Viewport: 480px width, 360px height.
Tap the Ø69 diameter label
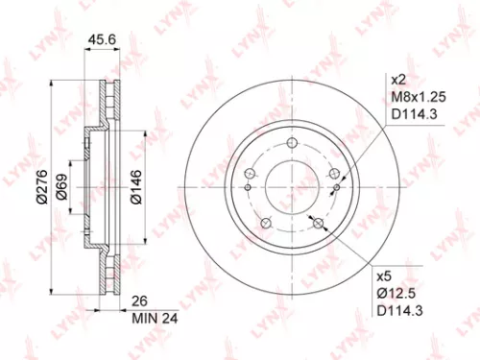click(61, 181)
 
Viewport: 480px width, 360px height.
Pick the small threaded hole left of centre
click(249, 187)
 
